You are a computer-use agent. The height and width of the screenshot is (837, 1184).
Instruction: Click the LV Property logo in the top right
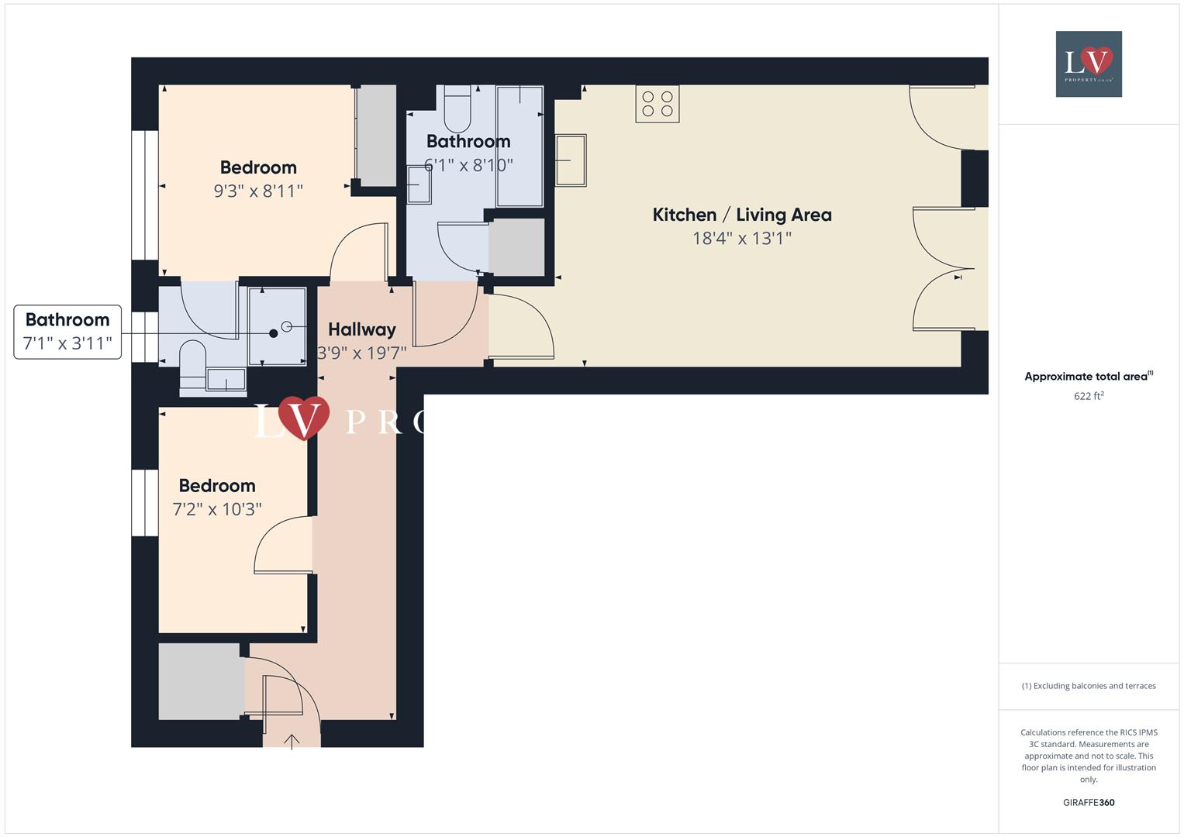(x=1089, y=64)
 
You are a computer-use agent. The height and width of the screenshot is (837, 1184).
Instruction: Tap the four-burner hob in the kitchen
(x=658, y=104)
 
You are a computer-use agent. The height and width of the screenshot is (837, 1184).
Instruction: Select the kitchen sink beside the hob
(x=571, y=160)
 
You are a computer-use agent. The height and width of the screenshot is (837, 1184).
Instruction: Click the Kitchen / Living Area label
(x=742, y=215)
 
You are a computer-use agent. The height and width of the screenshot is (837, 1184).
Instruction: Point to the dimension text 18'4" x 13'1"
(x=742, y=239)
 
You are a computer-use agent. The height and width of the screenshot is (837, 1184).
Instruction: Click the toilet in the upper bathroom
(x=457, y=112)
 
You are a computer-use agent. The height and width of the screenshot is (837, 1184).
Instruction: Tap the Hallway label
(x=361, y=329)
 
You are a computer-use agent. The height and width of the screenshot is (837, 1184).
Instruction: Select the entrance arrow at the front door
(x=292, y=742)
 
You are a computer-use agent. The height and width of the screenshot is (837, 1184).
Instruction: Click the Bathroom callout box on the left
(x=67, y=332)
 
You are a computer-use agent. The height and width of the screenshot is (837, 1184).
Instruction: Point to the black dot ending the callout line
(x=273, y=333)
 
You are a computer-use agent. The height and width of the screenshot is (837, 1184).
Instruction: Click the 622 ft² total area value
(x=1089, y=396)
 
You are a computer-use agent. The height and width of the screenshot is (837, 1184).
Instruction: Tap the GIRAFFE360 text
(x=1089, y=802)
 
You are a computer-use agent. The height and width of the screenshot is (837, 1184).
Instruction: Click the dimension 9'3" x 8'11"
(x=258, y=191)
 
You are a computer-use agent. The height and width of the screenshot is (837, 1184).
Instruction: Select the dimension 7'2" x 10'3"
(x=217, y=509)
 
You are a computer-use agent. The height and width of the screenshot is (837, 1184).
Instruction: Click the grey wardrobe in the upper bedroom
(x=376, y=135)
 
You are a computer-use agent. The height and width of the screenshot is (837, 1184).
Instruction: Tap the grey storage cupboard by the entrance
(x=200, y=681)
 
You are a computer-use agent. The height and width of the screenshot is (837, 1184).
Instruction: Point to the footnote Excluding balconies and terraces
(x=1089, y=686)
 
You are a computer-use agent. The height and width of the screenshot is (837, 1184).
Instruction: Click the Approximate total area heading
(x=1087, y=377)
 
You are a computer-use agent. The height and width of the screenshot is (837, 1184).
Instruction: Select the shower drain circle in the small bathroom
(x=286, y=326)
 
